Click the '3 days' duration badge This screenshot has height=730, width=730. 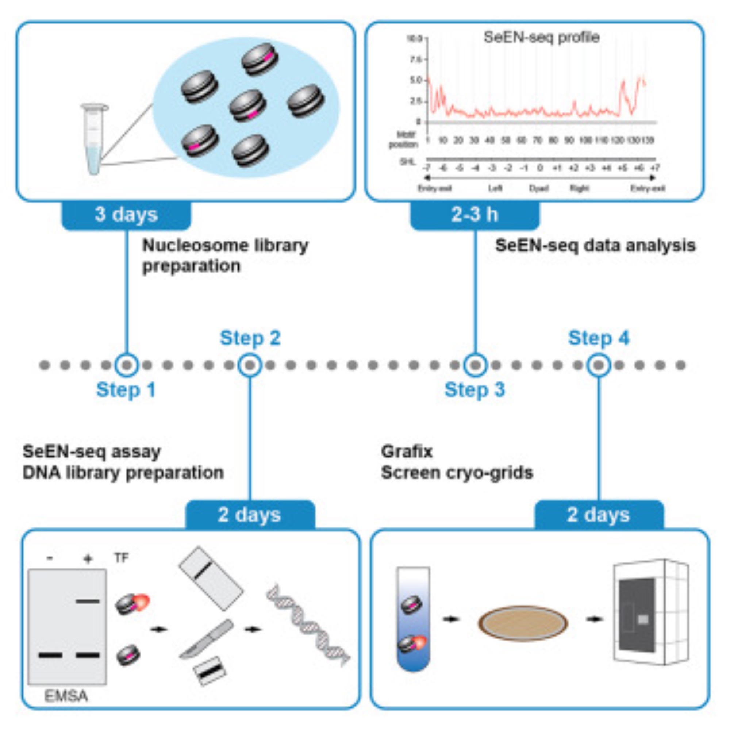tap(126, 215)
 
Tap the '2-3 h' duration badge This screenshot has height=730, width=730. tap(474, 215)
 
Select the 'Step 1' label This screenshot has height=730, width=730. tap(126, 389)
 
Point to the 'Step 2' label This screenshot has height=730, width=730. tap(250, 338)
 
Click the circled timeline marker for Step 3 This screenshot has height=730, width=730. tap(475, 365)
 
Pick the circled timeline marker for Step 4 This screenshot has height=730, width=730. tap(599, 365)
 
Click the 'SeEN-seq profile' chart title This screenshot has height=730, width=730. tap(541, 37)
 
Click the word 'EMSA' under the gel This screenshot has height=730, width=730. tap(66, 696)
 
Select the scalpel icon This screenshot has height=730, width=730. tap(207, 638)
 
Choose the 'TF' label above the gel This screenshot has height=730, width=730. tap(122, 558)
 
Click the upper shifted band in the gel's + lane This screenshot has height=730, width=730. tap(88, 601)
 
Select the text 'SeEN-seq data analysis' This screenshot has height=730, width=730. tap(595, 246)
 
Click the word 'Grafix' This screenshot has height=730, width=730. tap(407, 452)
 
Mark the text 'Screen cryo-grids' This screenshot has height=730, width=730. tap(457, 473)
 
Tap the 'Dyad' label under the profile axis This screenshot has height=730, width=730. tap(538, 188)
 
